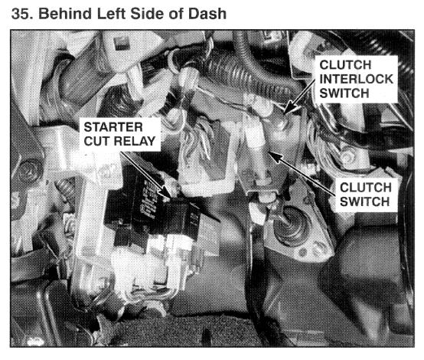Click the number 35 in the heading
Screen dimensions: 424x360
click(20, 14)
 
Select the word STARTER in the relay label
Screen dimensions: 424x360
click(113, 127)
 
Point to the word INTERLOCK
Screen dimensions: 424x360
click(357, 79)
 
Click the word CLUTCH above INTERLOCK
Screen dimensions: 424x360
click(345, 65)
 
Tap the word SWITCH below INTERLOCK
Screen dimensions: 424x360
click(344, 93)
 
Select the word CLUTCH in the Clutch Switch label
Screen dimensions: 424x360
click(366, 188)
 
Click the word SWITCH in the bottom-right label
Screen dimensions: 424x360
click(364, 202)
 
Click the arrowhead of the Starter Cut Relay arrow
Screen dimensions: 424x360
click(166, 193)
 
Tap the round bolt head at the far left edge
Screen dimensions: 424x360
click(28, 171)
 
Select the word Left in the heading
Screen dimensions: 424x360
click(111, 14)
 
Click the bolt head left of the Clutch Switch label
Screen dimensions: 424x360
click(348, 156)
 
